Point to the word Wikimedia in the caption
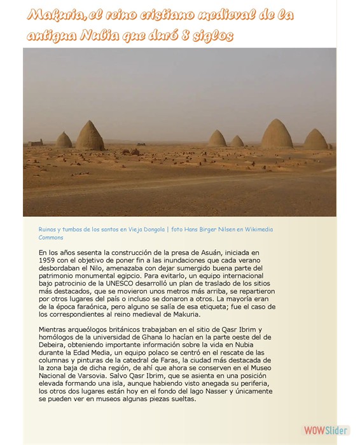tap(256, 229)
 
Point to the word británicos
tap(109, 329)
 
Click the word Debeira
tap(53, 345)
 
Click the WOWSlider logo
tap(325, 430)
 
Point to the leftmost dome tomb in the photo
tap(64, 140)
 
